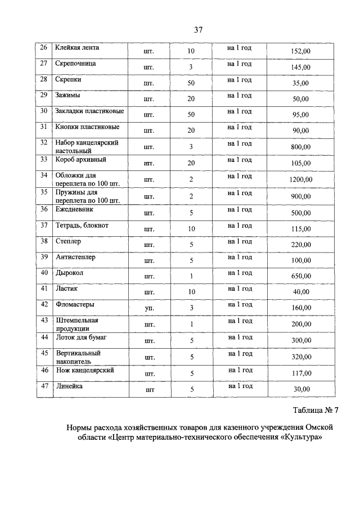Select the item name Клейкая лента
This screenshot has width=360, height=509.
pyautogui.click(x=77, y=48)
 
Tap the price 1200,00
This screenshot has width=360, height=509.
pyautogui.click(x=301, y=180)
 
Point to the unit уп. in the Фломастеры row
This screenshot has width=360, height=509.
pyautogui.click(x=149, y=308)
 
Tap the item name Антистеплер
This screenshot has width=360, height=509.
pyautogui.click(x=75, y=257)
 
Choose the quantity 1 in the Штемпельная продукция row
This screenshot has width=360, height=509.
pyautogui.click(x=191, y=325)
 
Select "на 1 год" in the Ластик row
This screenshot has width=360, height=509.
pyautogui.click(x=240, y=289)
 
